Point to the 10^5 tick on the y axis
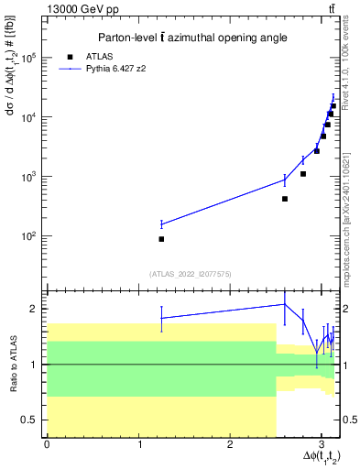click(33, 58)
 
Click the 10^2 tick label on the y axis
click(33, 236)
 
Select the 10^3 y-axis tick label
click(33, 177)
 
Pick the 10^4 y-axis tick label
click(33, 117)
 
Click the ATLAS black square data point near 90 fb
click(161, 239)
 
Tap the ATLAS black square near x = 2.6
click(285, 199)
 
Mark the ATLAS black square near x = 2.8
click(303, 173)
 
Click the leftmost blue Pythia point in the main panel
click(161, 224)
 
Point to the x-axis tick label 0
click(47, 444)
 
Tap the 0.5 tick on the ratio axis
click(33, 420)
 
